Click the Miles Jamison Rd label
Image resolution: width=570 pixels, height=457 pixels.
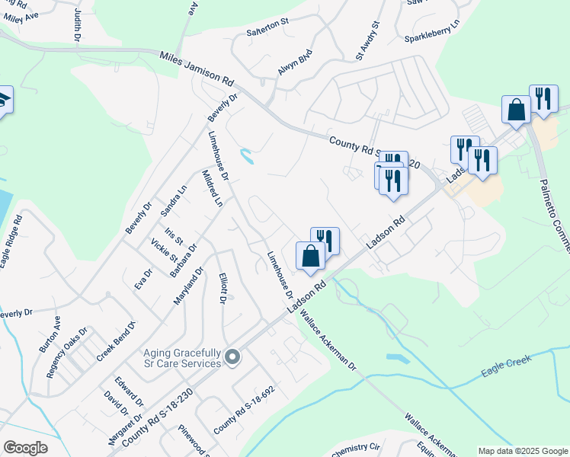tap(197, 67)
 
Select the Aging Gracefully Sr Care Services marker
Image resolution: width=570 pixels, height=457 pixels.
tap(233, 356)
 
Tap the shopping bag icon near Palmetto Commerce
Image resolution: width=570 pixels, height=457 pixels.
tap(516, 109)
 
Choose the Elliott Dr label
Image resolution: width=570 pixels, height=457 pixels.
tap(223, 288)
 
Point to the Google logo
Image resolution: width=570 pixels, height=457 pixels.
tap(25, 448)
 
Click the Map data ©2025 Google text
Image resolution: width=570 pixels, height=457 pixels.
tap(522, 451)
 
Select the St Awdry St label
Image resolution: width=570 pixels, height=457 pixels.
tap(367, 42)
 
